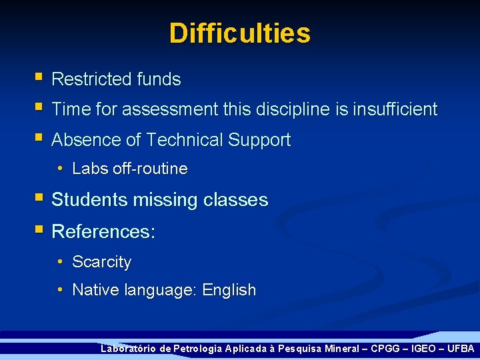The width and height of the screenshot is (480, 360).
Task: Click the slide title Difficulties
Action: pyautogui.click(x=239, y=33)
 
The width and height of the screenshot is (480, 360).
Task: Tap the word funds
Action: pyautogui.click(x=159, y=79)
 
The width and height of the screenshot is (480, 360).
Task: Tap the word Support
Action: pyautogui.click(x=259, y=140)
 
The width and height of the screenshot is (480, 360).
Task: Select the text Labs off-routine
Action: pyautogui.click(x=129, y=169)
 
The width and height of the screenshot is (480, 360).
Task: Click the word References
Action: pyautogui.click(x=101, y=232)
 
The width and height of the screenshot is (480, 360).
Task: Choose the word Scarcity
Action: pyautogui.click(x=101, y=262)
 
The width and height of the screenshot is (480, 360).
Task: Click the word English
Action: pyautogui.click(x=229, y=290)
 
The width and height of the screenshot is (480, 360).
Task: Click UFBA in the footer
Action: pyautogui.click(x=461, y=349)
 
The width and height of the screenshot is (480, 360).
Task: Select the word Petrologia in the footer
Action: pyautogui.click(x=197, y=349)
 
